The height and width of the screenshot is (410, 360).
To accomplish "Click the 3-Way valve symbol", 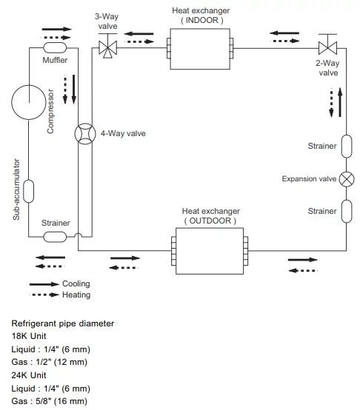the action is click(107, 47).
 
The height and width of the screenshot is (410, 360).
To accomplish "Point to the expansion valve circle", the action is click(347, 179).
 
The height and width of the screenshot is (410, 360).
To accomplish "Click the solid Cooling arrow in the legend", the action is click(44, 284).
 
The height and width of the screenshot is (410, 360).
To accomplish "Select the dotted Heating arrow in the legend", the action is click(44, 295).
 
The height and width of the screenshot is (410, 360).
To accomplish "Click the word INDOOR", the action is click(201, 20).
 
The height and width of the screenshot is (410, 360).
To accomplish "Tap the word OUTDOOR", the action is click(210, 221).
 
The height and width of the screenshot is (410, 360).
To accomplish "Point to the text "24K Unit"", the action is click(29, 375).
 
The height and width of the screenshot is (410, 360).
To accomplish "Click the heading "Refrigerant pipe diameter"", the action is click(63, 323).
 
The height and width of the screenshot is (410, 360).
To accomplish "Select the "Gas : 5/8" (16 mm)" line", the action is click(49, 401).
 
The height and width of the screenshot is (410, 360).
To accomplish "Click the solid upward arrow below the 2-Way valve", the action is click(340, 102).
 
